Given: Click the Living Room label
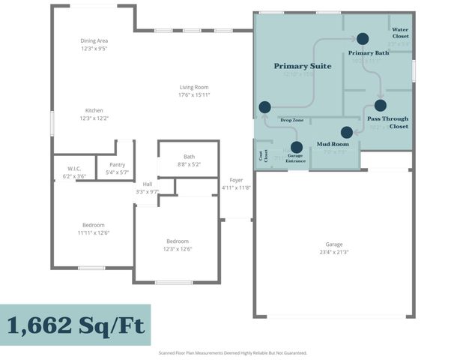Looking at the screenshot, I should click(x=193, y=87).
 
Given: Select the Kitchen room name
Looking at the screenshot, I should click(x=94, y=110).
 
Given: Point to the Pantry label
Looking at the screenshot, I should click(x=117, y=164).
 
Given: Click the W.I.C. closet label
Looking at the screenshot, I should click(x=74, y=169).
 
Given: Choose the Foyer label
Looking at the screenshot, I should click(x=236, y=180).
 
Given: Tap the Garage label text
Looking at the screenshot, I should click(x=333, y=244).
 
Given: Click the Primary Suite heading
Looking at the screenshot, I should click(x=302, y=66).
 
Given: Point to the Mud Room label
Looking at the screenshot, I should click(x=333, y=143).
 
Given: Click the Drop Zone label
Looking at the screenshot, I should click(x=291, y=120).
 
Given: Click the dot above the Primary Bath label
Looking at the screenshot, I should click(x=363, y=38).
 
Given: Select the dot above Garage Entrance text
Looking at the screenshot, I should click(x=296, y=147).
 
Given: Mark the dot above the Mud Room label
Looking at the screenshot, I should click(x=346, y=132).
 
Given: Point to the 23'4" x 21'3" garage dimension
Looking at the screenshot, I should click(x=333, y=252).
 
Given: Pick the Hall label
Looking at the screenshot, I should click(x=148, y=184).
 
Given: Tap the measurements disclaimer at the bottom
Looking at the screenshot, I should click(x=232, y=352).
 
